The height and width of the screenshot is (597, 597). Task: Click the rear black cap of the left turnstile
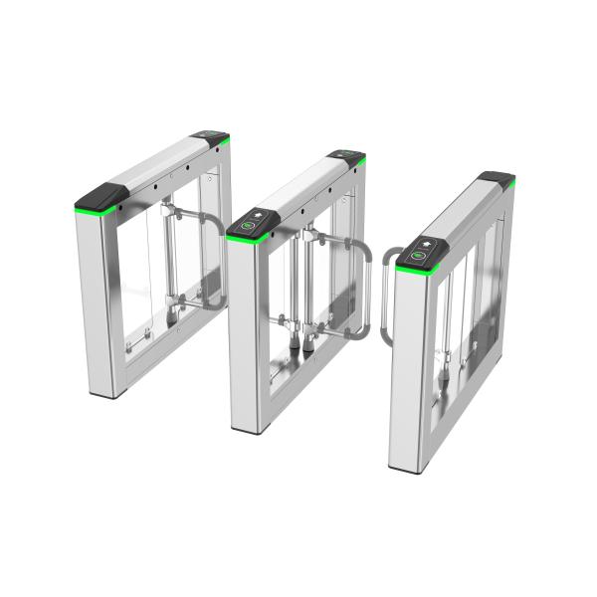tap(210, 136)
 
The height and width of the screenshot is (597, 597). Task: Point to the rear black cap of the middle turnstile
tap(347, 156)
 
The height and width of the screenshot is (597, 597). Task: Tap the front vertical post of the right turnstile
tap(410, 368)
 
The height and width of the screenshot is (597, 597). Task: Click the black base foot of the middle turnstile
tap(249, 430)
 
